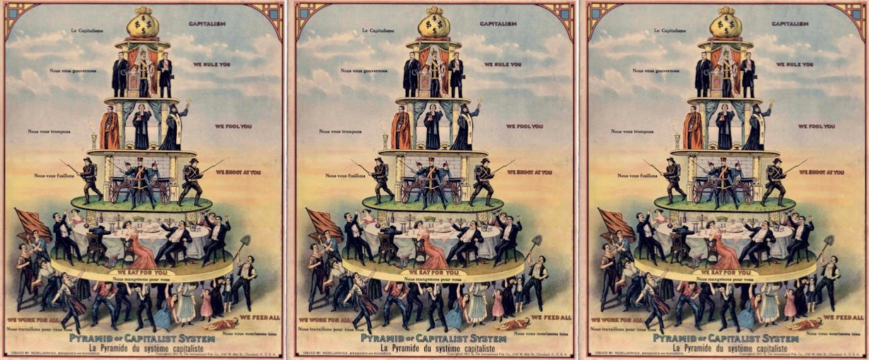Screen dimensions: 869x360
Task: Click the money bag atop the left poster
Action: [x=142, y=23]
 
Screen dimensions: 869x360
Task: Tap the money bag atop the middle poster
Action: [x=433, y=23]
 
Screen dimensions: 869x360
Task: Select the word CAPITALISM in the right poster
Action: [x=790, y=23]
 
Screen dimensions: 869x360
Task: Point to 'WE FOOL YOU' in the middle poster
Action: [x=524, y=126]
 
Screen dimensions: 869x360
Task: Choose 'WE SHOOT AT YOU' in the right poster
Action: [x=821, y=172]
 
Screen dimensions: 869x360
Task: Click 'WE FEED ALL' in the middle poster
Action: [x=548, y=318]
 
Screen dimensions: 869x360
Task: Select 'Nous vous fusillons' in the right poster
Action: [x=636, y=175]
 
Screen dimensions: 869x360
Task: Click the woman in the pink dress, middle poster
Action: [x=430, y=248]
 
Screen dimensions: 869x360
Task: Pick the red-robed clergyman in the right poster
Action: [x=693, y=129]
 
